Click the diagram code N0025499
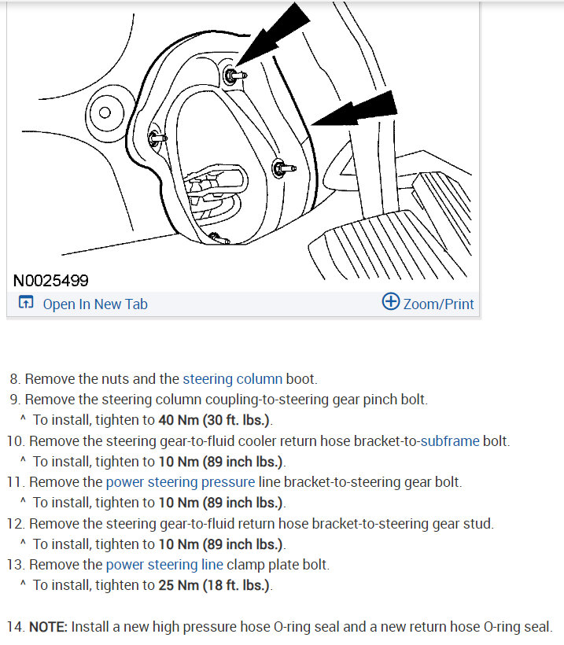51,280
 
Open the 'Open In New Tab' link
94,304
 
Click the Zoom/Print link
438,304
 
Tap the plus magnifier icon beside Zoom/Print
390,302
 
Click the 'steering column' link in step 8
232,379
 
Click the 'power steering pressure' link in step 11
180,481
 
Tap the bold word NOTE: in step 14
49,627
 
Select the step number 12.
15,523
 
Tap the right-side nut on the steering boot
279,168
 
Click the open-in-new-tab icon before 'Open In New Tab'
26,304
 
